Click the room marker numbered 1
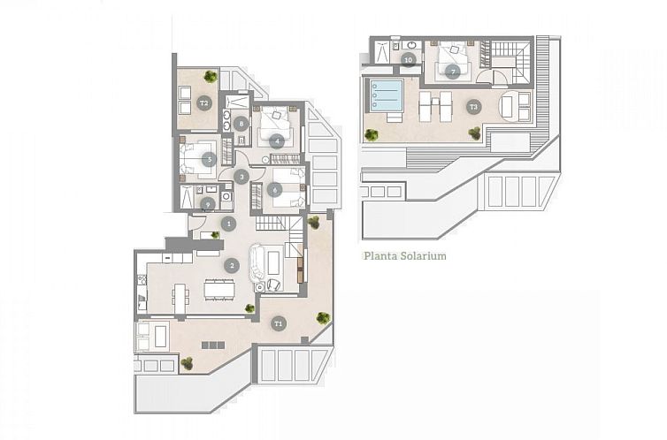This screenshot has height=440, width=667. click(228, 224)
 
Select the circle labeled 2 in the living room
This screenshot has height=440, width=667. click(232, 264)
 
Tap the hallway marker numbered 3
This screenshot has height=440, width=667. click(241, 176)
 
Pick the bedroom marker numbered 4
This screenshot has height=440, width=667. click(277, 140)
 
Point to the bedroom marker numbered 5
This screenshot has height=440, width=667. click(209, 160)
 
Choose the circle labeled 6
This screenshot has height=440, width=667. click(275, 189)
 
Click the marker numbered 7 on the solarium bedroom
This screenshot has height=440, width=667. click(452, 71)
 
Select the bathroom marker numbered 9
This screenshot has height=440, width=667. click(208, 204)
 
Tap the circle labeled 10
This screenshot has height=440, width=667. click(408, 60)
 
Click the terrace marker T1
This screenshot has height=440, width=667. click(278, 323)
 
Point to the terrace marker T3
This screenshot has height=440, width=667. click(473, 107)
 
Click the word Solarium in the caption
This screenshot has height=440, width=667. click(424, 256)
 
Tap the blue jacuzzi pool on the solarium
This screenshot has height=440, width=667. click(386, 93)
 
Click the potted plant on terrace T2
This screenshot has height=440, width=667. click(211, 76)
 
